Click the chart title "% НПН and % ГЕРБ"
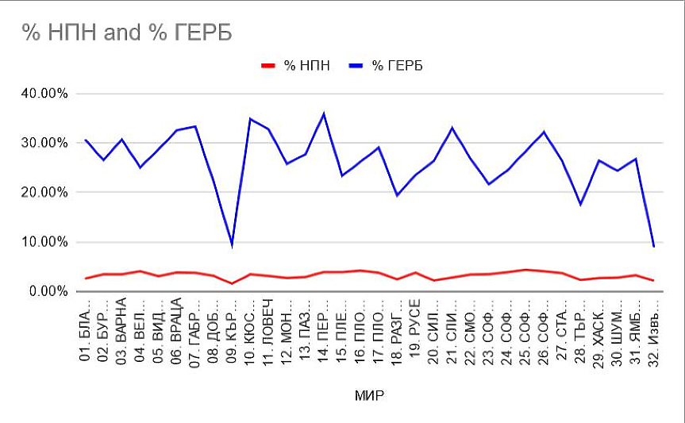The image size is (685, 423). tap(126, 33)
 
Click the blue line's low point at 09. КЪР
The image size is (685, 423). tap(232, 244)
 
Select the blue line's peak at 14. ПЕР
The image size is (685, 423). tap(323, 113)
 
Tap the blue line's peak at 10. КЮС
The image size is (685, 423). tap(250, 119)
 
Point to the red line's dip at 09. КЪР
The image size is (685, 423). tap(232, 283)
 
